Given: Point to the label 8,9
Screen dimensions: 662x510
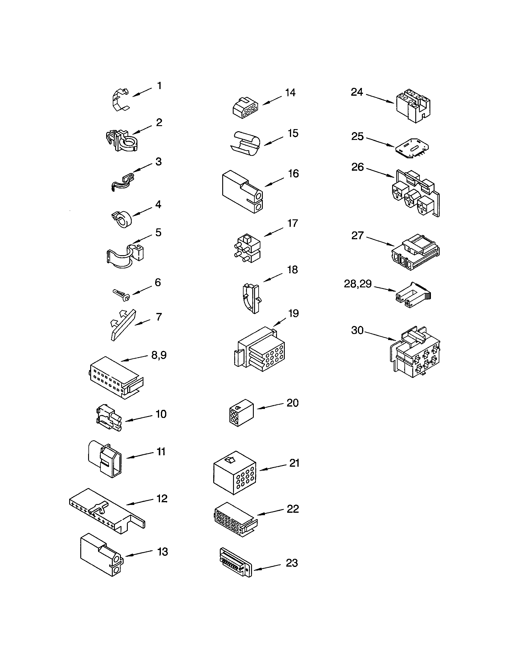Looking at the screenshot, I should (159, 355).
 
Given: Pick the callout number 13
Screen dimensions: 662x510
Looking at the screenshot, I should (163, 552).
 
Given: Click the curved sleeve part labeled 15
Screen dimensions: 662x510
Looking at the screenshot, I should (245, 144).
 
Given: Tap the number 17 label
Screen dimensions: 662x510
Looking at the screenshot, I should (293, 223).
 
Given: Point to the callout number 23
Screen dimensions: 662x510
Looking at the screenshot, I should (292, 563).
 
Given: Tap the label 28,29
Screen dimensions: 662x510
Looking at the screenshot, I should (358, 284).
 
